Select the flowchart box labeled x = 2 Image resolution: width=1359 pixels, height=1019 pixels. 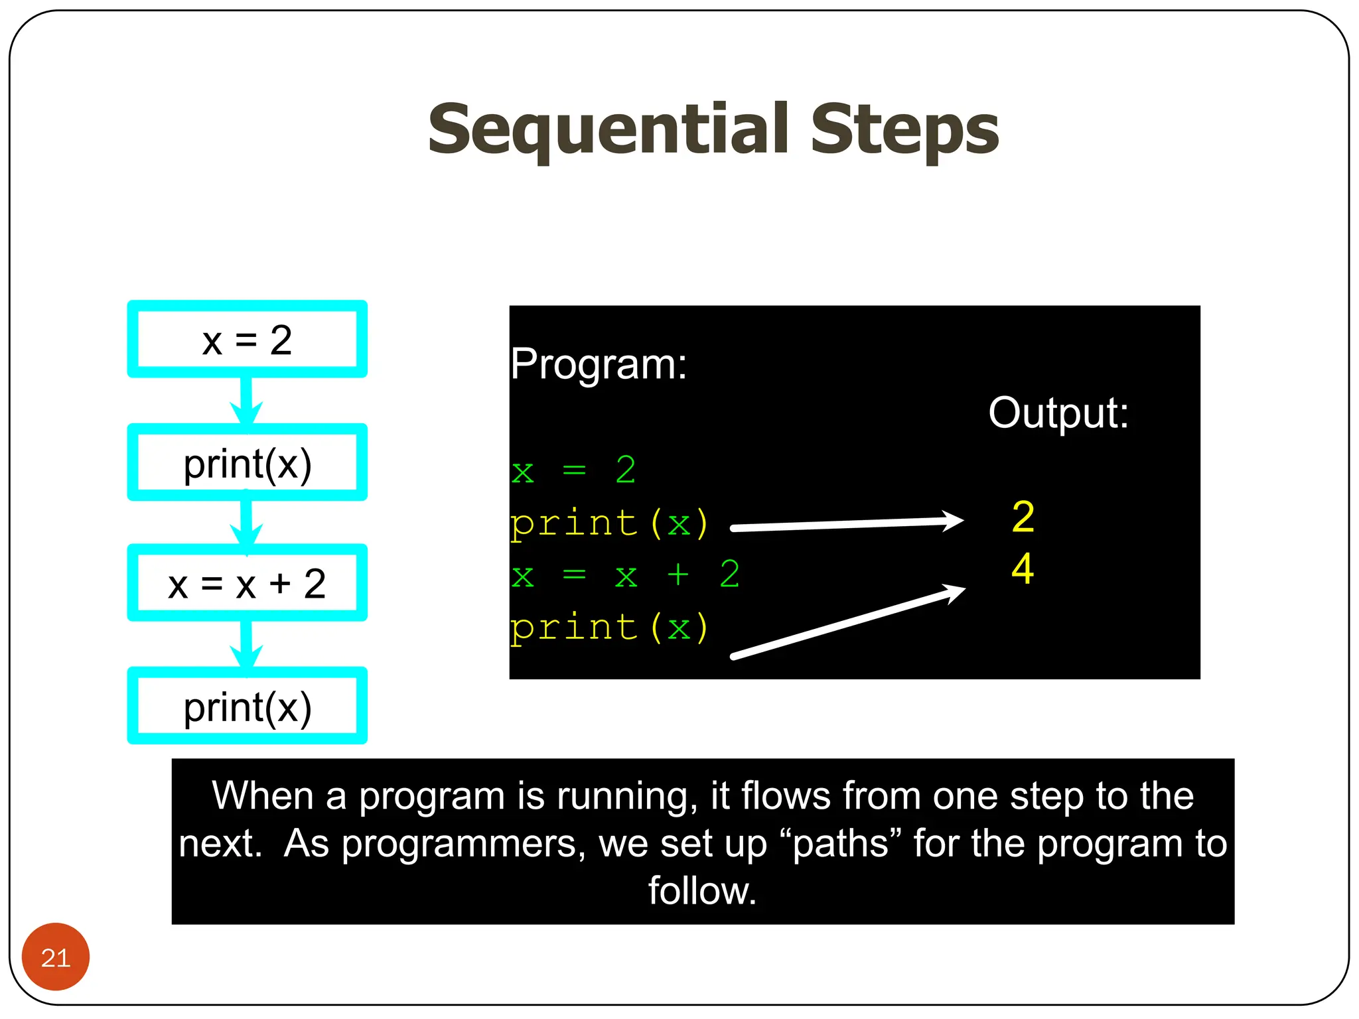[x=247, y=340]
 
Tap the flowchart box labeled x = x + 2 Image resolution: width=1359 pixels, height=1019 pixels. [x=247, y=584]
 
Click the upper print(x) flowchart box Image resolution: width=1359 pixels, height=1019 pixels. [x=247, y=463]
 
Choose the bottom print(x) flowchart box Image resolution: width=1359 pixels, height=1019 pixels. [x=247, y=707]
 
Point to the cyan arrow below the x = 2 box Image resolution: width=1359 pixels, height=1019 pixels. [x=246, y=401]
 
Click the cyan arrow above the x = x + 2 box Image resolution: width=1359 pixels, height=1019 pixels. [x=246, y=523]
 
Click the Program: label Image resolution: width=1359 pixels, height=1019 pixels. [x=599, y=364]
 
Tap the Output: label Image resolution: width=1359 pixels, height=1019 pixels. [x=1058, y=413]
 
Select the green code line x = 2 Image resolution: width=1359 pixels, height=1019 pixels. [x=573, y=470]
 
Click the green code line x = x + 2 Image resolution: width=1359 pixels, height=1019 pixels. [x=625, y=575]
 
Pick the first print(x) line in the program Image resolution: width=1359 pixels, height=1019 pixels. [x=609, y=523]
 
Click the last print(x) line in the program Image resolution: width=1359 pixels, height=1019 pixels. [x=609, y=628]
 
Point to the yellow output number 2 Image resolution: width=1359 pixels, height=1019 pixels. [x=1023, y=517]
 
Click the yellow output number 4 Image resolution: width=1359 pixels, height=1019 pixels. [x=1023, y=569]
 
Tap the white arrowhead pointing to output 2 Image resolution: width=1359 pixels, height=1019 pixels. [x=952, y=521]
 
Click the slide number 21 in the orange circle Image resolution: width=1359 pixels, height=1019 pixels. [x=56, y=957]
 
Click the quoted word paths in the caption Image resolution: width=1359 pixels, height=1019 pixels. [x=840, y=844]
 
